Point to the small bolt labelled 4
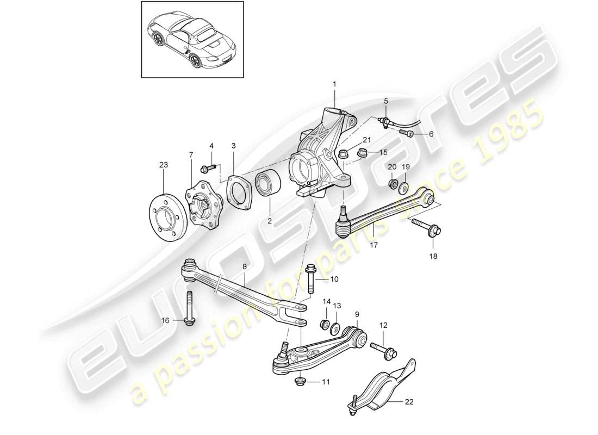pyautogui.click(x=209, y=167)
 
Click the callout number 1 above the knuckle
pyautogui.click(x=335, y=84)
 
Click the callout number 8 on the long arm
pyautogui.click(x=245, y=267)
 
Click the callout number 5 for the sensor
pyautogui.click(x=385, y=101)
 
